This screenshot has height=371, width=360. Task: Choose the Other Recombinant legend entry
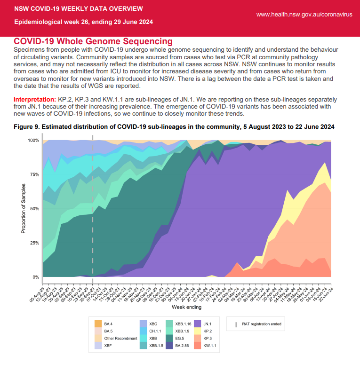[120, 338]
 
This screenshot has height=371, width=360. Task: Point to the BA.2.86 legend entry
[181, 345]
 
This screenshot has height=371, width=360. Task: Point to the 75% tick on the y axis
[33, 174]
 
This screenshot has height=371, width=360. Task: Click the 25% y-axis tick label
[33, 243]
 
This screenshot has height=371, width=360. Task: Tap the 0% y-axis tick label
[35, 277]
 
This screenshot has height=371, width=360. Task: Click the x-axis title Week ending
[187, 307]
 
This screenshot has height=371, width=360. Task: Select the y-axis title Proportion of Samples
[23, 208]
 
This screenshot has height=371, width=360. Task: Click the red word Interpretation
[35, 100]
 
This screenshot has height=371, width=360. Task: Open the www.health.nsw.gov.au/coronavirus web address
[304, 15]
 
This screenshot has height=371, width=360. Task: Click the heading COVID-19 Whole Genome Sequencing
[93, 42]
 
